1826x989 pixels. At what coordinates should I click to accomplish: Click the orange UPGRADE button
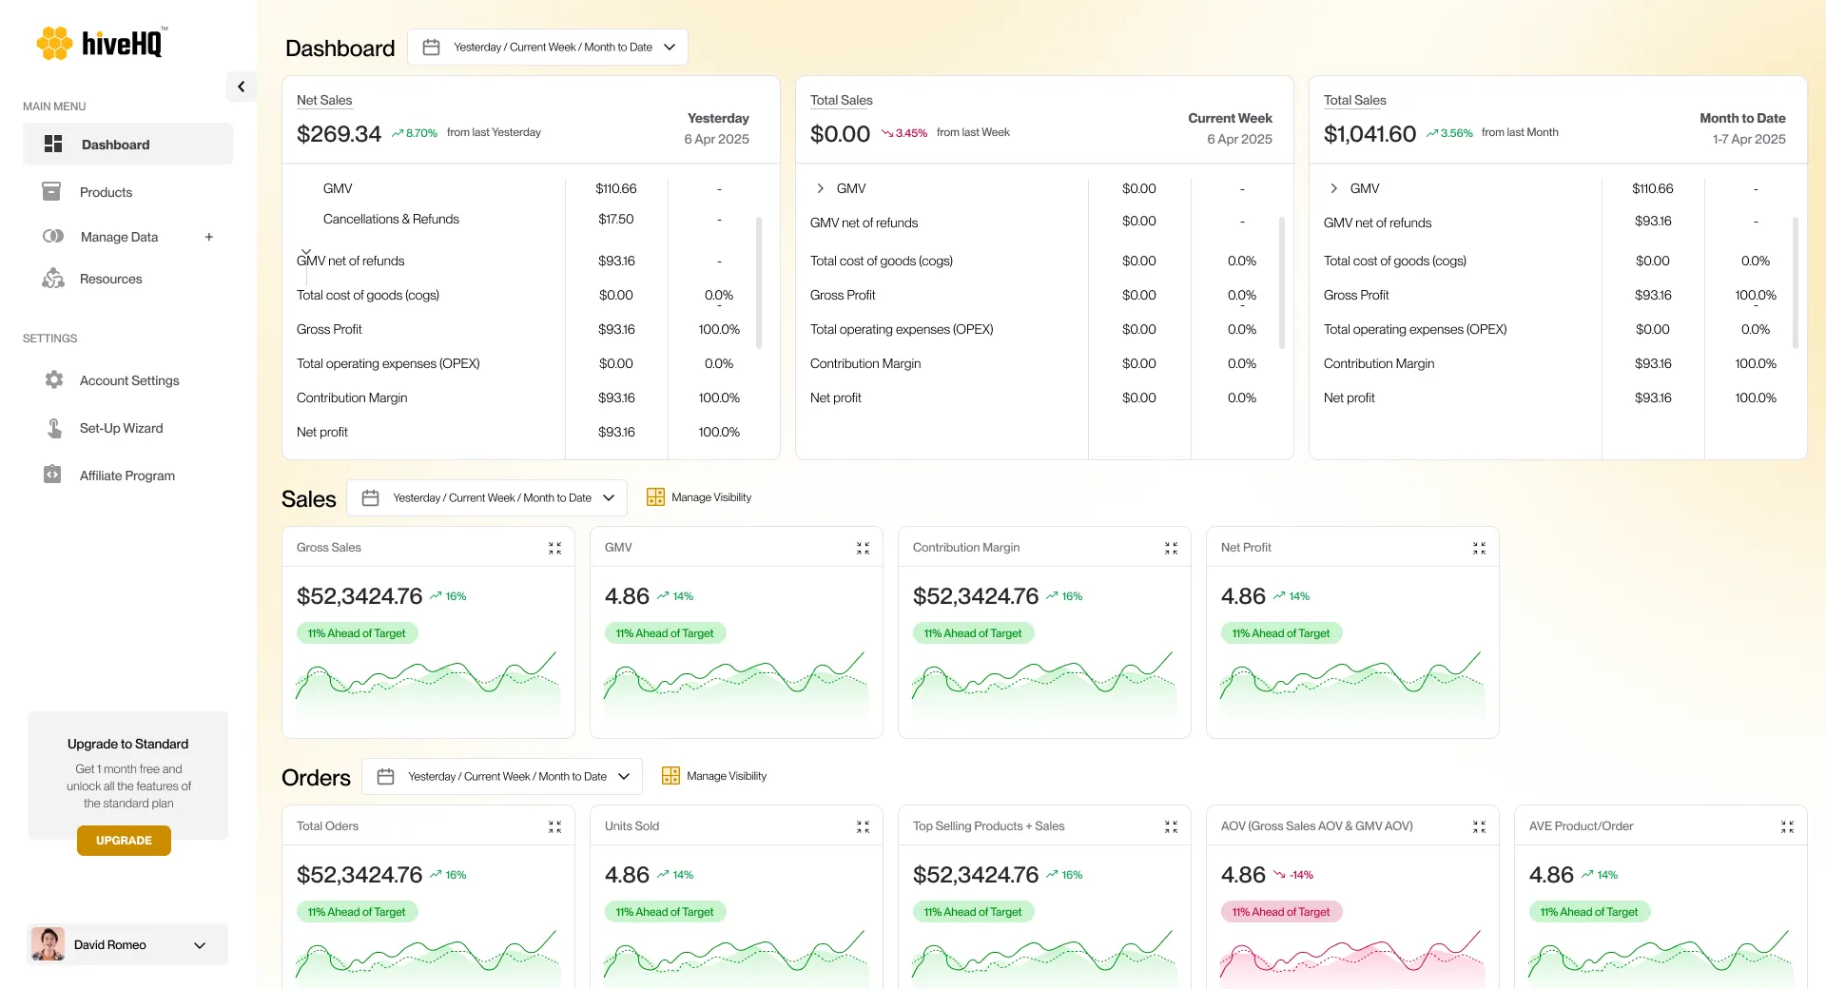[x=124, y=841]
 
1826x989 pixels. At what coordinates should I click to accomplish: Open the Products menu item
[x=106, y=192]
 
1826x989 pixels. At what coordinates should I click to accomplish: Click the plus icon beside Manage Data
[x=209, y=237]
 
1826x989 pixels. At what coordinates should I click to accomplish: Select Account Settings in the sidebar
[x=128, y=380]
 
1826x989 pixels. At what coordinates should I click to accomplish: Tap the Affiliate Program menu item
[x=126, y=475]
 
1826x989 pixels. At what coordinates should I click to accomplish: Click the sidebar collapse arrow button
[x=241, y=87]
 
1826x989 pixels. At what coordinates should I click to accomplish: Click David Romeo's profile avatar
[x=48, y=944]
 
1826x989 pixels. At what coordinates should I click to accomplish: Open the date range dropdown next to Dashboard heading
[x=548, y=47]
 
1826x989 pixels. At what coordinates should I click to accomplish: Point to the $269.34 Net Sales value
[x=339, y=134]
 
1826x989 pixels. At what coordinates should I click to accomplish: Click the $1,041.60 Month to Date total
[x=1369, y=134]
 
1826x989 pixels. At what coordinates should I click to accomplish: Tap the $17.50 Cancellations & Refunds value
[x=615, y=219]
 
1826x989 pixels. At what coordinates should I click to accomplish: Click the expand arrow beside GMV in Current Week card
[x=820, y=188]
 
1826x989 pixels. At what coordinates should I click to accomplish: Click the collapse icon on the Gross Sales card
[x=554, y=548]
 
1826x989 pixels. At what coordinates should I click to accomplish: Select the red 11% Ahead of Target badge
[x=1280, y=912]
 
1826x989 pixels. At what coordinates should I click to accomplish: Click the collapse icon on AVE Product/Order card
[x=1787, y=826]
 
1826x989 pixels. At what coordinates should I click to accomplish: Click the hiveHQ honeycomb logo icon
[x=54, y=43]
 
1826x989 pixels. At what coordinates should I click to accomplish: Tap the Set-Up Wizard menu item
[x=121, y=428]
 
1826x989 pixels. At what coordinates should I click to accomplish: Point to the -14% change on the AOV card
[x=1300, y=875]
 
